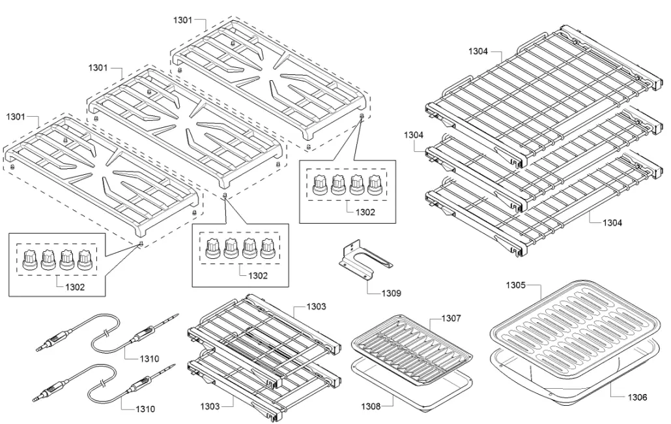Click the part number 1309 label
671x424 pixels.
point(391,294)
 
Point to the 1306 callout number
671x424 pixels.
point(638,396)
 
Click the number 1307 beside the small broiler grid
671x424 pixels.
point(451,318)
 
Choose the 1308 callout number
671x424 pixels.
point(372,406)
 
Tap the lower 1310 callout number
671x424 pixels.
point(146,409)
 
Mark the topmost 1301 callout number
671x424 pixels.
point(182,20)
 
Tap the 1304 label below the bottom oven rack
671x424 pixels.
point(611,222)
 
